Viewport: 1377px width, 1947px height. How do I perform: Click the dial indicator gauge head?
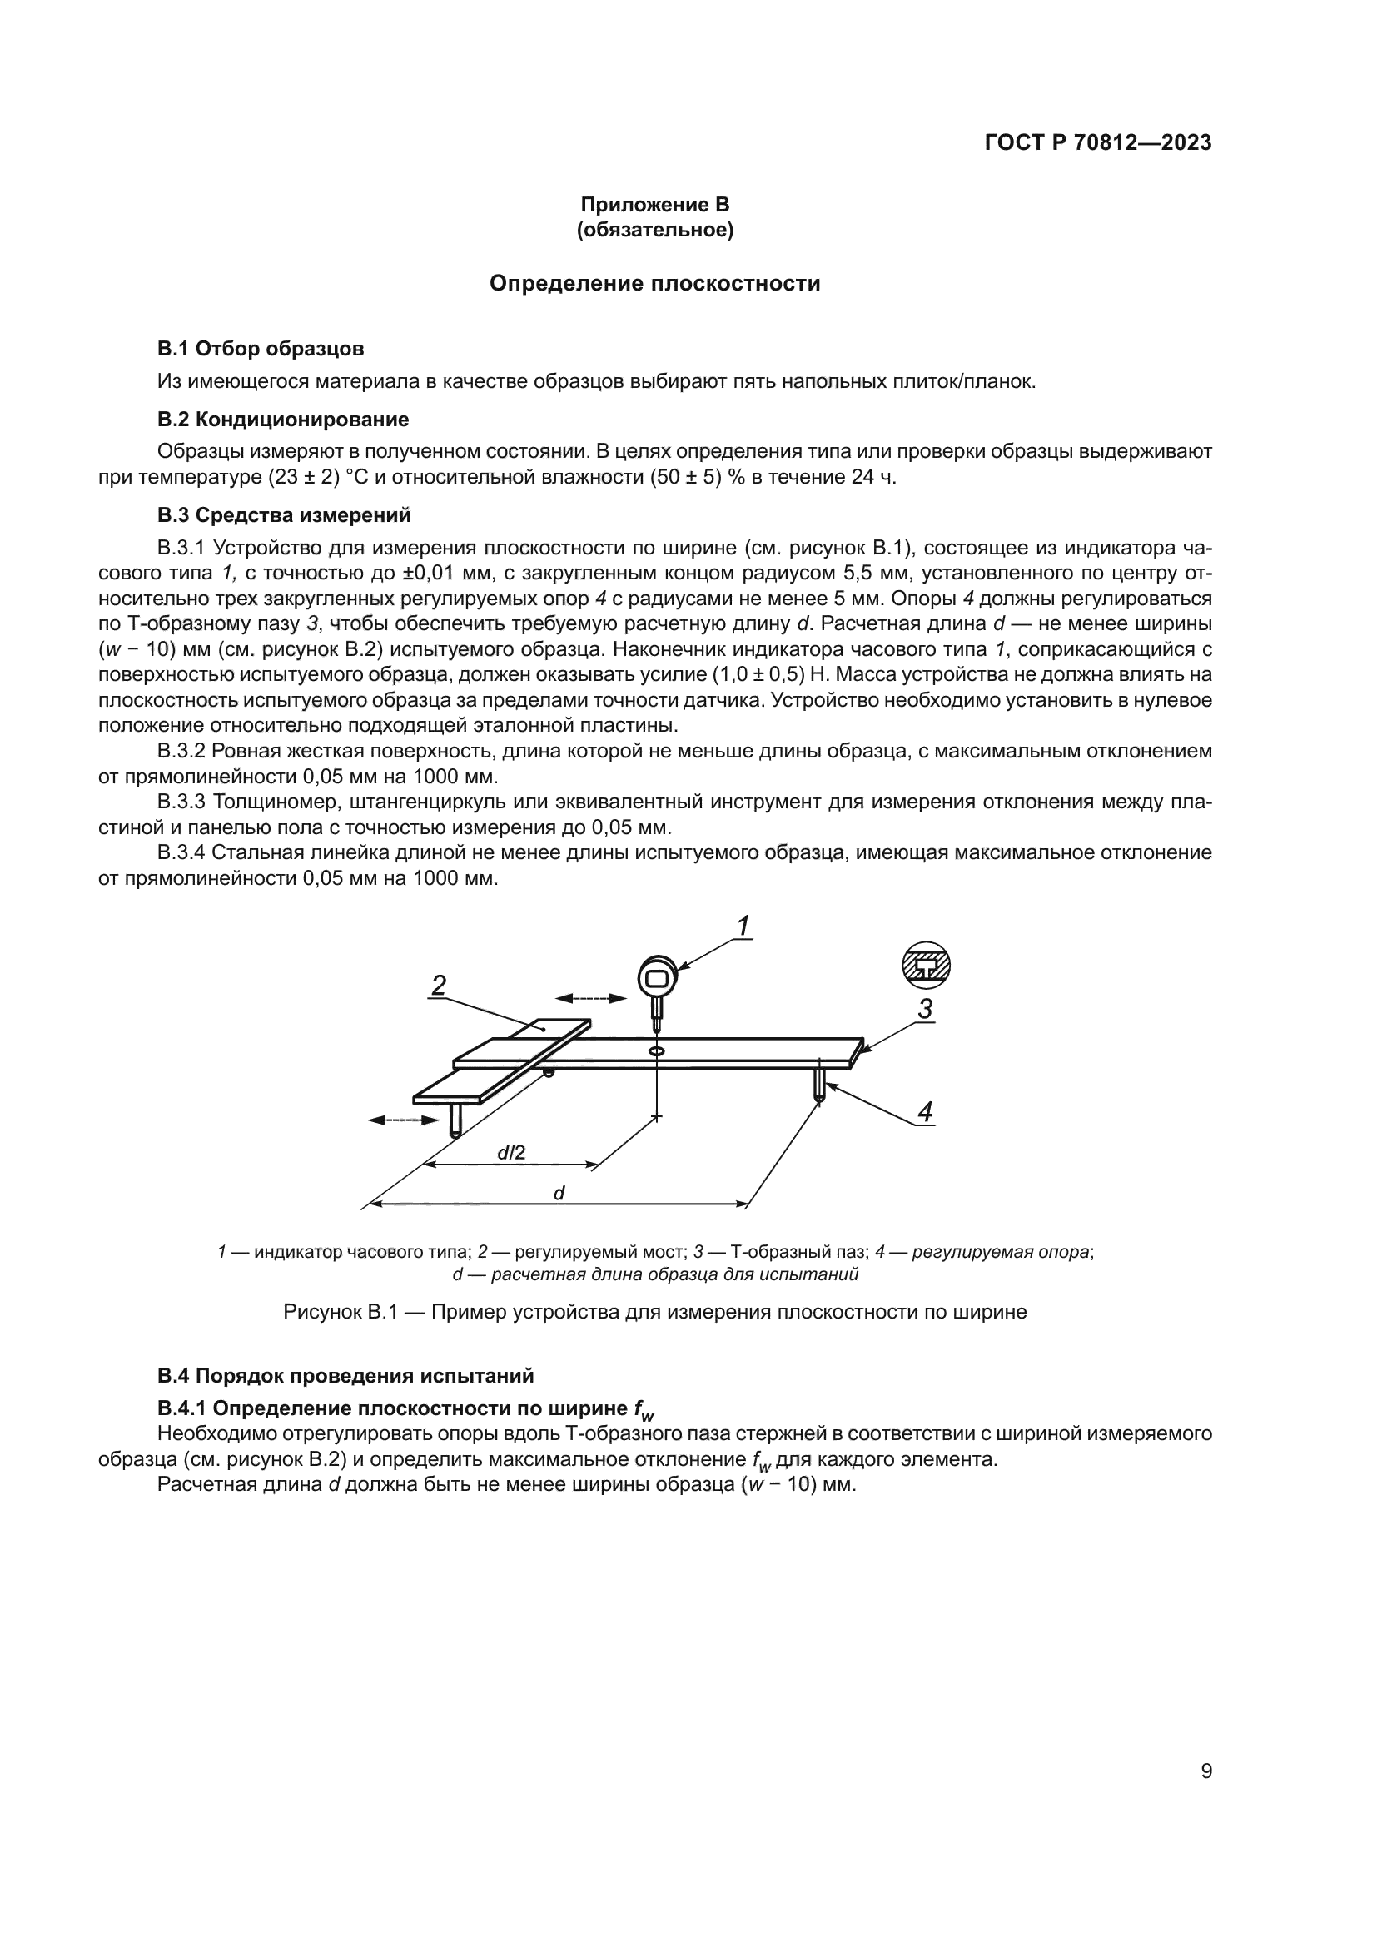657,978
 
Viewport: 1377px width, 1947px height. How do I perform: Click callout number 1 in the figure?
743,926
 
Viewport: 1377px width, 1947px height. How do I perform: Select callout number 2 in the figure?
439,986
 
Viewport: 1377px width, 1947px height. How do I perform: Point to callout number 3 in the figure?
925,1009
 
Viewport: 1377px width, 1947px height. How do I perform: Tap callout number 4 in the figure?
925,1112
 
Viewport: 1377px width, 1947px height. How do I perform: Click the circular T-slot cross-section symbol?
925,965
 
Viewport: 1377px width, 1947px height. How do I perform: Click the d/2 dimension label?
511,1152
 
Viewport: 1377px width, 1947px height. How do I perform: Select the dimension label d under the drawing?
559,1193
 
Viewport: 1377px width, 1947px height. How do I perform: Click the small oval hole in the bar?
656,1051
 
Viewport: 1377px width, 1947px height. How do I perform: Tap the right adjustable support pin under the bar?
820,1082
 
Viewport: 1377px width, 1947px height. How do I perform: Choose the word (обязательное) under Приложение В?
654,230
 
